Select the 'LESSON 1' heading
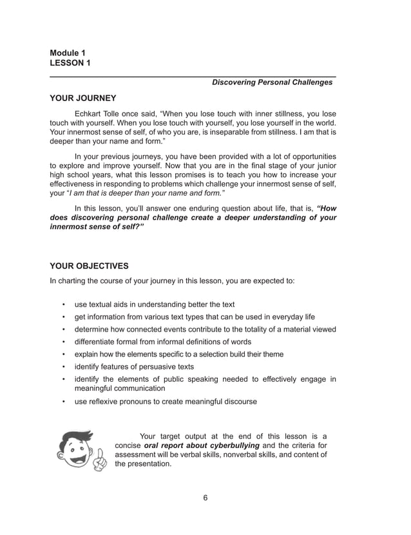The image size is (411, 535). [x=70, y=62]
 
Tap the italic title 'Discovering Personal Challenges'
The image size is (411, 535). [x=273, y=82]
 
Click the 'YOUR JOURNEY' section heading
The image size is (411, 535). [x=82, y=99]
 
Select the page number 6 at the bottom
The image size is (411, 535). [x=205, y=497]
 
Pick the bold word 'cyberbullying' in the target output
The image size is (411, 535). [x=233, y=446]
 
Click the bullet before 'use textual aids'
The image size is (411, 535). [x=63, y=305]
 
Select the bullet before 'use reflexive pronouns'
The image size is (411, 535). [x=63, y=402]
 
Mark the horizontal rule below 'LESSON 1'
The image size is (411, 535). [x=193, y=76]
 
